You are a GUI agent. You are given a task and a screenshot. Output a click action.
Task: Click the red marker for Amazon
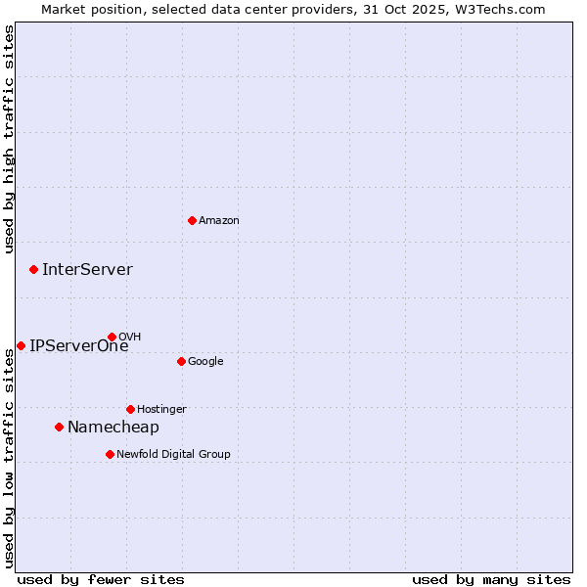192,220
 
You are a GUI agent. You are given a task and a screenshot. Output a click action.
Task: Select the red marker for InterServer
33,269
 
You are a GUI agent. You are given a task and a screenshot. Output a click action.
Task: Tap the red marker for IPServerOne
21,345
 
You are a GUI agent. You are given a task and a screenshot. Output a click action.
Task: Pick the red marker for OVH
112,337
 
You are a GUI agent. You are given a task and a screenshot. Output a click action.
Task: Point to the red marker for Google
181,361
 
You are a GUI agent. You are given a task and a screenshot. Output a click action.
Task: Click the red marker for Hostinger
130,409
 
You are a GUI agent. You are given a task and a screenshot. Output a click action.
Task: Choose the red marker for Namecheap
59,427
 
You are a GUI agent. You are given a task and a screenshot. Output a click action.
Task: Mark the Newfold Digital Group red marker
110,454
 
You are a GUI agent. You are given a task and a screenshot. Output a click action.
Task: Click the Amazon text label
219,221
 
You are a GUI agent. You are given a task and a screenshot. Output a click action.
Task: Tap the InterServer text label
87,270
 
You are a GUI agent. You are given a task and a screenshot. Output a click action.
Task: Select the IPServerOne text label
78,346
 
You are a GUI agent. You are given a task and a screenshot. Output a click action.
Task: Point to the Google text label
205,362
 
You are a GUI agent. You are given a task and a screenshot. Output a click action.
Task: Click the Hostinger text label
161,410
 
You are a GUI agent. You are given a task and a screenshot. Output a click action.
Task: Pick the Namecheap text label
113,428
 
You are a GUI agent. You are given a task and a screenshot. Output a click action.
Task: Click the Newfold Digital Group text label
173,455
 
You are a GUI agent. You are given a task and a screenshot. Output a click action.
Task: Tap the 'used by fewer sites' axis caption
101,579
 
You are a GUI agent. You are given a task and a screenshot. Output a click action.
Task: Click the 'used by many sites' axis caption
491,579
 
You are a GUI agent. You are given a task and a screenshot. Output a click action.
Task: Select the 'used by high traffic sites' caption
10,140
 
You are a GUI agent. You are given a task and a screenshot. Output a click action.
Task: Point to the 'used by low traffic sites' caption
10,458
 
